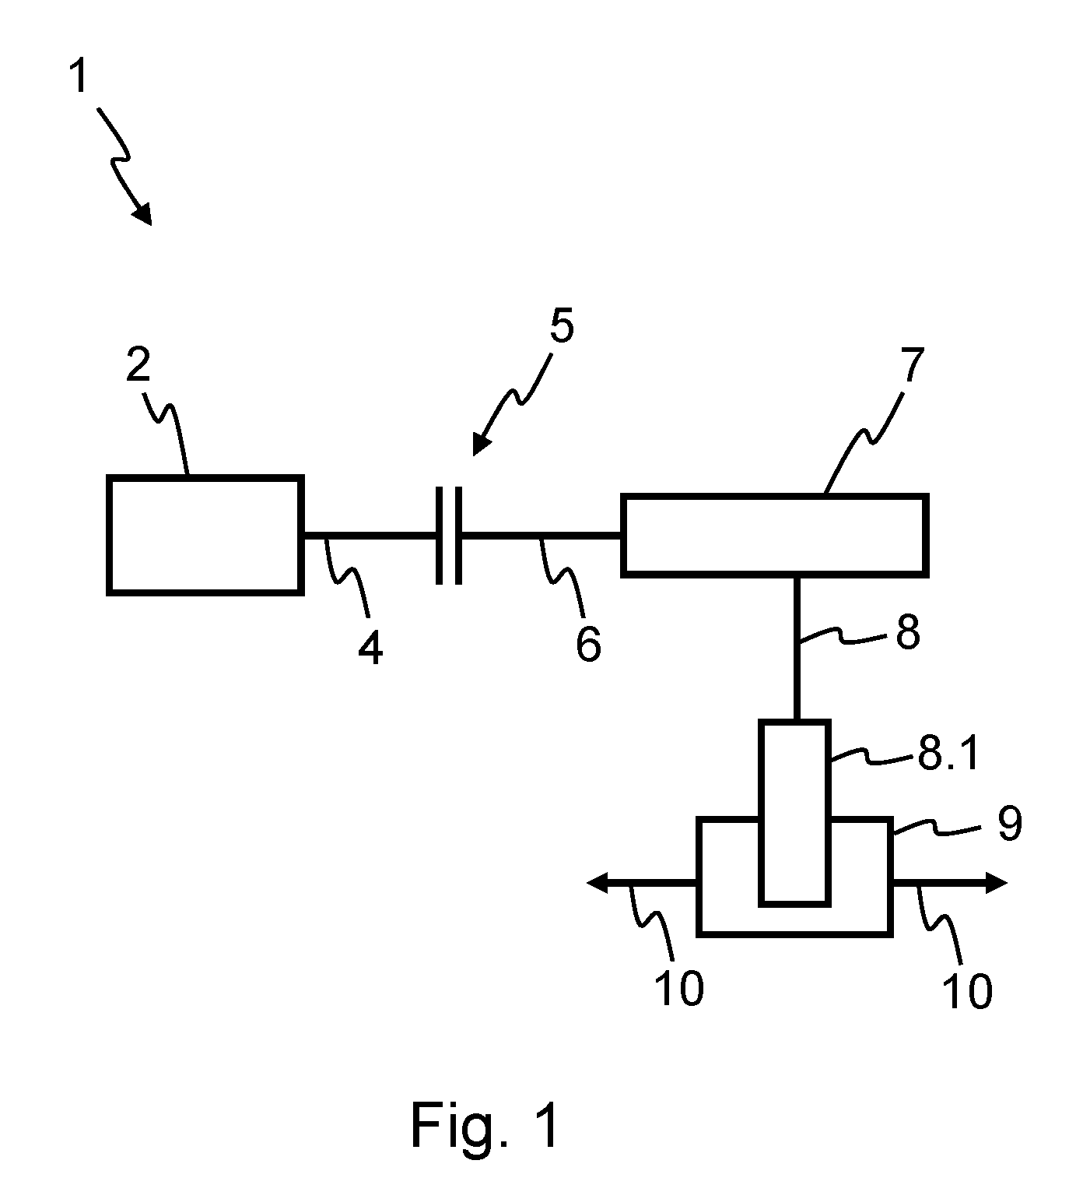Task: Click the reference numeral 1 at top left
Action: (79, 76)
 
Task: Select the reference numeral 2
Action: (138, 364)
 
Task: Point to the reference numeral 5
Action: (562, 325)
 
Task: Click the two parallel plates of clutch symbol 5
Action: (448, 536)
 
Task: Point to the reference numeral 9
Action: (1010, 823)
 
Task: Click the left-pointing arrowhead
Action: (598, 883)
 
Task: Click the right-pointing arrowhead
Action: (996, 883)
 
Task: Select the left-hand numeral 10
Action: (679, 989)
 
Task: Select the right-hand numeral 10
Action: (967, 991)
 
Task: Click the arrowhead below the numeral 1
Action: (143, 214)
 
